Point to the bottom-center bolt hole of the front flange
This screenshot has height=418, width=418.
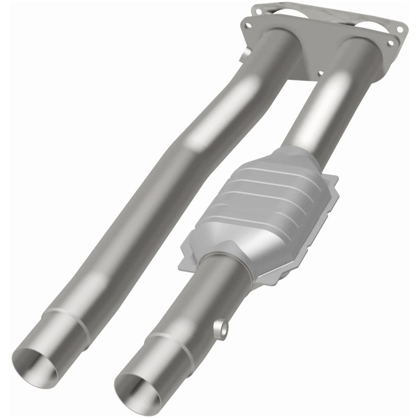coord(319,74)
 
